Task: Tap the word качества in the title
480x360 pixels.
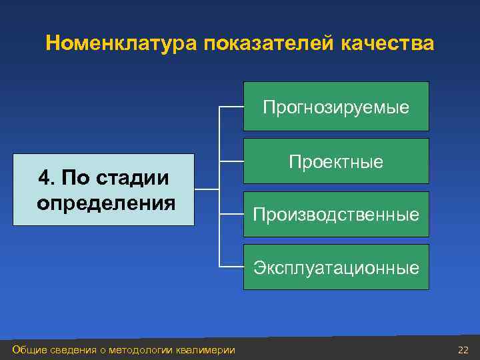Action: pyautogui.click(x=387, y=44)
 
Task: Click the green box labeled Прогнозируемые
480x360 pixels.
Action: pyautogui.click(x=336, y=106)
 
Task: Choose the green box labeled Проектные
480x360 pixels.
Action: pyautogui.click(x=336, y=161)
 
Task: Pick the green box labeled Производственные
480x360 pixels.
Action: pyautogui.click(x=336, y=214)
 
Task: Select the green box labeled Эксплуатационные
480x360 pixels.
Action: pyautogui.click(x=336, y=267)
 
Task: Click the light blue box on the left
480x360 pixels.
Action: pyautogui.click(x=103, y=190)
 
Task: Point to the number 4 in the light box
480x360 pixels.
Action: pyautogui.click(x=44, y=179)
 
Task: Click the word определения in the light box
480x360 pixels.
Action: pyautogui.click(x=106, y=202)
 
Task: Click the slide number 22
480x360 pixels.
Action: pyautogui.click(x=463, y=350)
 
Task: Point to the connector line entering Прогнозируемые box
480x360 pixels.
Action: pyautogui.click(x=231, y=107)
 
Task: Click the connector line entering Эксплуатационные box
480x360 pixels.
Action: pyautogui.click(x=231, y=267)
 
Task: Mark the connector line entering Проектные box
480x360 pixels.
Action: pyautogui.click(x=231, y=160)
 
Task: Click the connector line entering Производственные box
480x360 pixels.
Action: pyautogui.click(x=231, y=214)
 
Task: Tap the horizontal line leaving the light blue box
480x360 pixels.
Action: pyautogui.click(x=206, y=189)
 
